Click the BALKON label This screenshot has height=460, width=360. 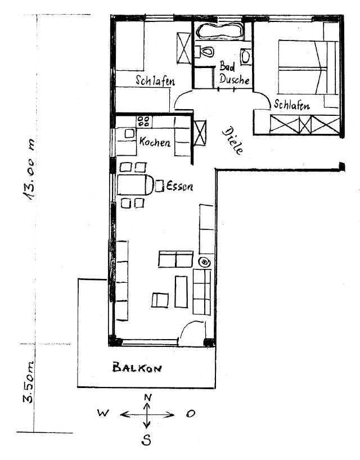137,368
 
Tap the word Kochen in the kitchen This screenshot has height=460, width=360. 155,142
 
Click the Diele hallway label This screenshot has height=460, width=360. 233,141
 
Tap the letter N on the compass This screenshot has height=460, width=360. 147,398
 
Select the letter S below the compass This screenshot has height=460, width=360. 146,441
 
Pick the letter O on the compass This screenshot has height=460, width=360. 191,414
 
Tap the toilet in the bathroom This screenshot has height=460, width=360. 205,52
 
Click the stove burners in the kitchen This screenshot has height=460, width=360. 143,120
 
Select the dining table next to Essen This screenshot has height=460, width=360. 134,184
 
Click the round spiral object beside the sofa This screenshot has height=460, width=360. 204,261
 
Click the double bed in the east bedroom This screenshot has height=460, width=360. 301,70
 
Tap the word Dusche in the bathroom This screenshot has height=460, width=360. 234,80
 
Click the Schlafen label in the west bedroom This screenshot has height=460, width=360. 155,81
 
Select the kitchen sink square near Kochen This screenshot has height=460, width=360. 129,133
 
